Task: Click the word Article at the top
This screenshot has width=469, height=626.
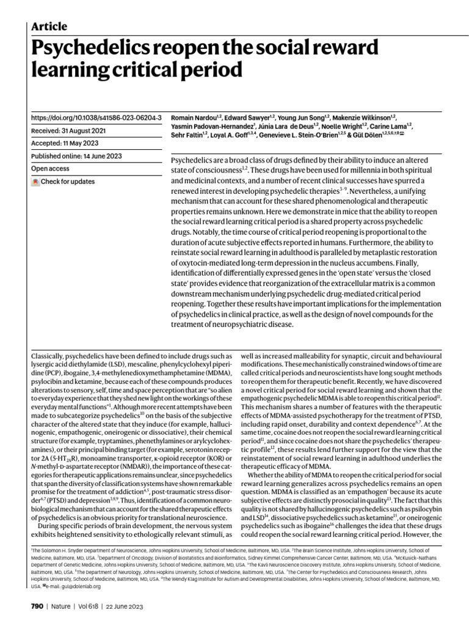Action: (49, 26)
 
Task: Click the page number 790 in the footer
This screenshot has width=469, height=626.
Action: (37, 606)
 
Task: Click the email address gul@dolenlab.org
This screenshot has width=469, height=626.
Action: (69, 586)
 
